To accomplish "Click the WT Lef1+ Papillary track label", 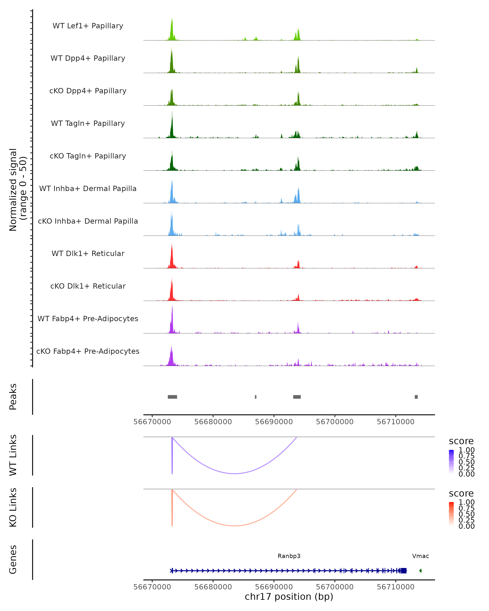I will (88, 26).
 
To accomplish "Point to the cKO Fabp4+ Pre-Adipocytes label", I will (88, 351).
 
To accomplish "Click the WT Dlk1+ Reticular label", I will (88, 253).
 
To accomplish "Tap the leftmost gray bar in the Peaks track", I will (172, 397).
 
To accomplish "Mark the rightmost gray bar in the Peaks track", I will (416, 397).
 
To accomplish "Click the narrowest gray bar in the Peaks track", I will (256, 397).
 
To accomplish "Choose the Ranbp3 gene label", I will (289, 556).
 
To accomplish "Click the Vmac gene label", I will (420, 556).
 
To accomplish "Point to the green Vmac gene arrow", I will (420, 571).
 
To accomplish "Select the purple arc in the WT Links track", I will (235, 474).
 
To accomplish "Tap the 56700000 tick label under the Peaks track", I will (335, 422).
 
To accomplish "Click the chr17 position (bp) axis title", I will (289, 597).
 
